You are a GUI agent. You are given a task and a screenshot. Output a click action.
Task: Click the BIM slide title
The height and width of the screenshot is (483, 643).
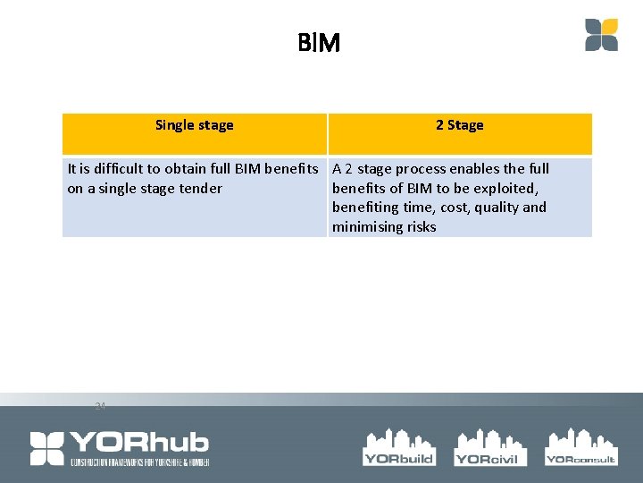click(x=319, y=42)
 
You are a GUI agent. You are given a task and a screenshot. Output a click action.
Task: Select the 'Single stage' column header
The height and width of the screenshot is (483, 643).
click(x=194, y=125)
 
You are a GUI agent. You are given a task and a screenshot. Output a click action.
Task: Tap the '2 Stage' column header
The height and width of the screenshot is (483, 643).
click(x=459, y=125)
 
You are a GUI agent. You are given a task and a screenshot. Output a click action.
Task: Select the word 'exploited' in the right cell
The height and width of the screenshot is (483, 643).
click(x=503, y=188)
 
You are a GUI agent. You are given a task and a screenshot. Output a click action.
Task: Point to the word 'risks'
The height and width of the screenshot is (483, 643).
click(x=421, y=227)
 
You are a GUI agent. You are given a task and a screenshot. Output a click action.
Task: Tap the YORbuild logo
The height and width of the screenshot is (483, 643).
click(x=398, y=446)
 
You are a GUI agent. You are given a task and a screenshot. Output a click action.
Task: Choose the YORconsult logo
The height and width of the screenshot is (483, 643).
click(x=580, y=446)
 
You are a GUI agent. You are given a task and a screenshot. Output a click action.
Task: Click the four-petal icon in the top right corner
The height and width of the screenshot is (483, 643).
click(x=601, y=35)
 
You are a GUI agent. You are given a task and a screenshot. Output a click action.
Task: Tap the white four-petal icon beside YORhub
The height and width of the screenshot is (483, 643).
click(x=47, y=448)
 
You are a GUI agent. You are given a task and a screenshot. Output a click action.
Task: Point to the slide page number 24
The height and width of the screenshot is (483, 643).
click(x=100, y=406)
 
